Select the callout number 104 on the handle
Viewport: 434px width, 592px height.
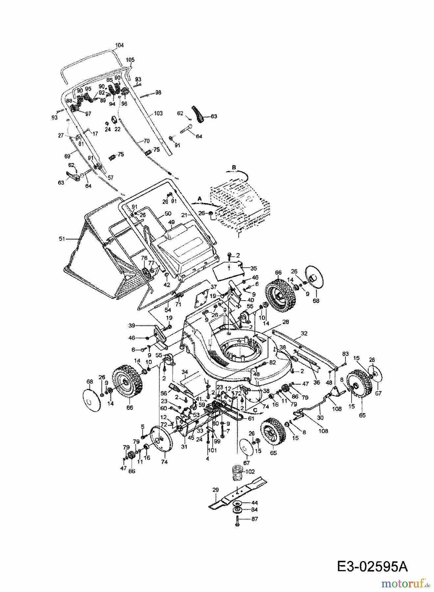pos(119,45)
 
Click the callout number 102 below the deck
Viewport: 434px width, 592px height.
pos(250,472)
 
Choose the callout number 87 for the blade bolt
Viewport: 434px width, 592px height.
pos(255,519)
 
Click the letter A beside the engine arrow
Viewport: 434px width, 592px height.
pos(199,199)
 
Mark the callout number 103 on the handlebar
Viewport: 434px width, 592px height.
pos(158,113)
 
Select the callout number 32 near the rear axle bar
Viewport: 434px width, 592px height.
pos(304,333)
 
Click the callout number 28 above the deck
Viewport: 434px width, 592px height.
pos(285,322)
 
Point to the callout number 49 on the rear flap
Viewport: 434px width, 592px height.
pos(171,222)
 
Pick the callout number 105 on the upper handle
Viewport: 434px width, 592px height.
pos(130,60)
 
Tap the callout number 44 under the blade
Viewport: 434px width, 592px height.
pos(255,503)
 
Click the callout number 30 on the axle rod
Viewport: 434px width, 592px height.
pos(320,417)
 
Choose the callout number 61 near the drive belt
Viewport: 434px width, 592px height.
pos(251,418)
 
